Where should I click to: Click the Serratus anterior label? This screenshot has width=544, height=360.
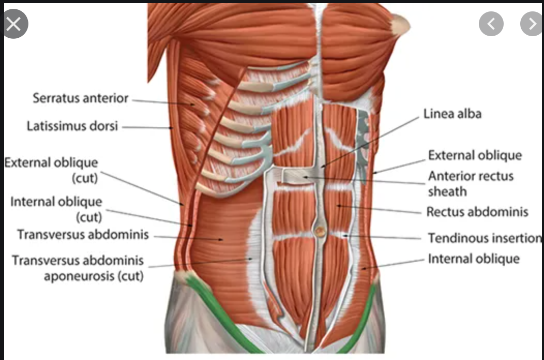click(80, 98)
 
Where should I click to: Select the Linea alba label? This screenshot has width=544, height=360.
click(452, 114)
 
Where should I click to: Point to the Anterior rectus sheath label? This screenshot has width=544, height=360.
click(471, 184)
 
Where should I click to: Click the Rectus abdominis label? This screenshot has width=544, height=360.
click(477, 212)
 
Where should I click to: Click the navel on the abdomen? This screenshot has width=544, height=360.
click(321, 231)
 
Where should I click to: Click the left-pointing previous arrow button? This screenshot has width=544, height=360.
click(491, 23)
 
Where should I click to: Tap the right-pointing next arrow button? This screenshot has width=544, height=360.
click(532, 23)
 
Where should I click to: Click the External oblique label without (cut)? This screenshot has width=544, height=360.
click(475, 155)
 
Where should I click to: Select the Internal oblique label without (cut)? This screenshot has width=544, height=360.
click(473, 258)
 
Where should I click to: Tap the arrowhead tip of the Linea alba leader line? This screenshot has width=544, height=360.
click(321, 167)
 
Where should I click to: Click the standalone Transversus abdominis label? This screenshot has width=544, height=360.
click(83, 234)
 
